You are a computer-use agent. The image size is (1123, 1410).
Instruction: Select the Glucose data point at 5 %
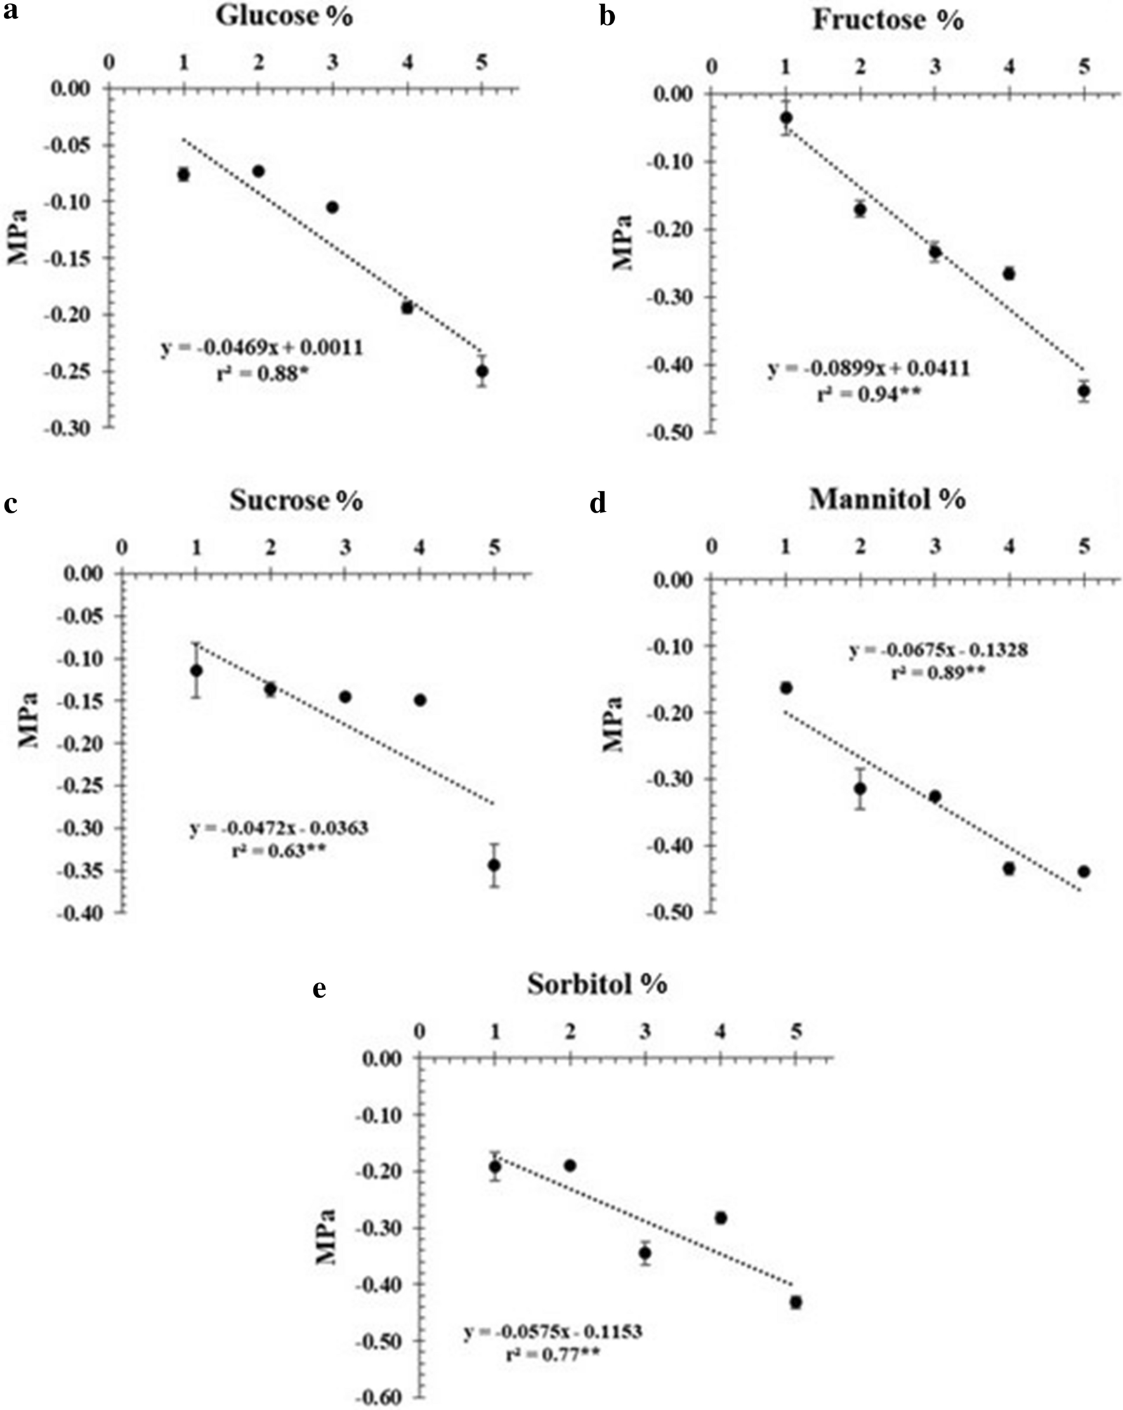(x=483, y=371)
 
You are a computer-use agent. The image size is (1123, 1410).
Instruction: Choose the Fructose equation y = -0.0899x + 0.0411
(x=869, y=369)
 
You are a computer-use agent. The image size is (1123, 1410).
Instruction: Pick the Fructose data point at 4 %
(x=1009, y=273)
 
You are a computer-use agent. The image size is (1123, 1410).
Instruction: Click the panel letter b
(x=607, y=16)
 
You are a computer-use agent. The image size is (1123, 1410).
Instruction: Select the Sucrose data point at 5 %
(x=494, y=864)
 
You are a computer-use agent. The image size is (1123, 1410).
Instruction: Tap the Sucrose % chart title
(x=296, y=500)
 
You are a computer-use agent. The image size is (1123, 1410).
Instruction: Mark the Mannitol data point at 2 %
(x=860, y=789)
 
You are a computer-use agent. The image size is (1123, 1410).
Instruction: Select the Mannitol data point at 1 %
(x=786, y=688)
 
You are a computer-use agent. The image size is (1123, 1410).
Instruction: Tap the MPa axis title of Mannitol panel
(x=614, y=725)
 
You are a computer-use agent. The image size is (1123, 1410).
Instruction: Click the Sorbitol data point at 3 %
(x=645, y=1253)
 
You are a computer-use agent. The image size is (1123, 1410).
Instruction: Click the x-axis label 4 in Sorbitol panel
(x=720, y=1032)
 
